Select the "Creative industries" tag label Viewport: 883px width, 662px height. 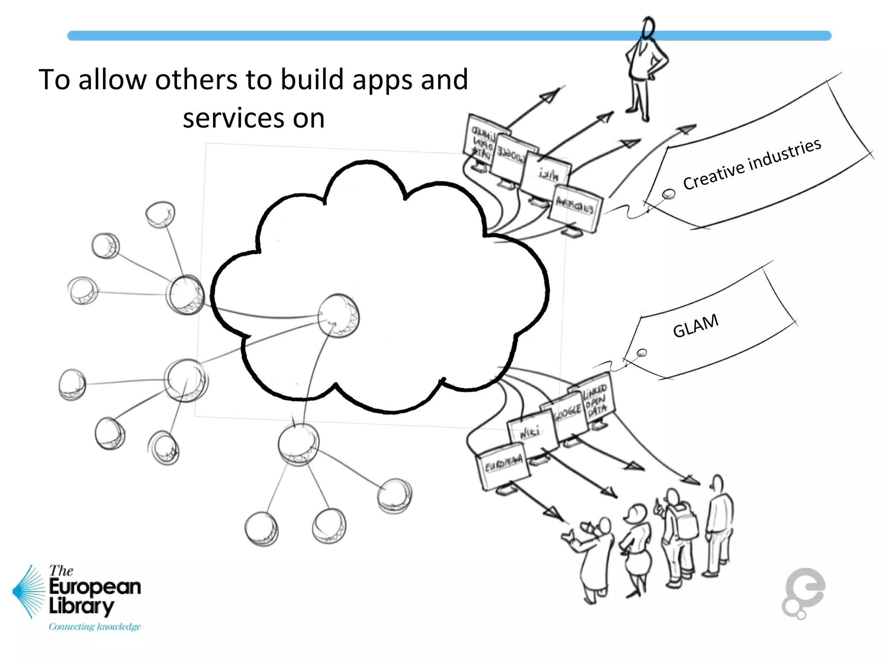[x=752, y=164]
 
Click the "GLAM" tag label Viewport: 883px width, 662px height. [x=695, y=325]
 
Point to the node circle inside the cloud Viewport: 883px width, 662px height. [x=338, y=316]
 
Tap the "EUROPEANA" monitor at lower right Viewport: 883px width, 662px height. [x=503, y=468]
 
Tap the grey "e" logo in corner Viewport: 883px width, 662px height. [x=803, y=593]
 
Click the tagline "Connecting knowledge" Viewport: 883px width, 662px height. [x=94, y=626]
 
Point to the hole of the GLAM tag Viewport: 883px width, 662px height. [x=642, y=353]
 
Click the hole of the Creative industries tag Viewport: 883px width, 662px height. [x=669, y=194]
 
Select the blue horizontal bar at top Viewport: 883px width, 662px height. [x=388, y=36]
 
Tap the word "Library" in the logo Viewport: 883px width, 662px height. [x=82, y=606]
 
